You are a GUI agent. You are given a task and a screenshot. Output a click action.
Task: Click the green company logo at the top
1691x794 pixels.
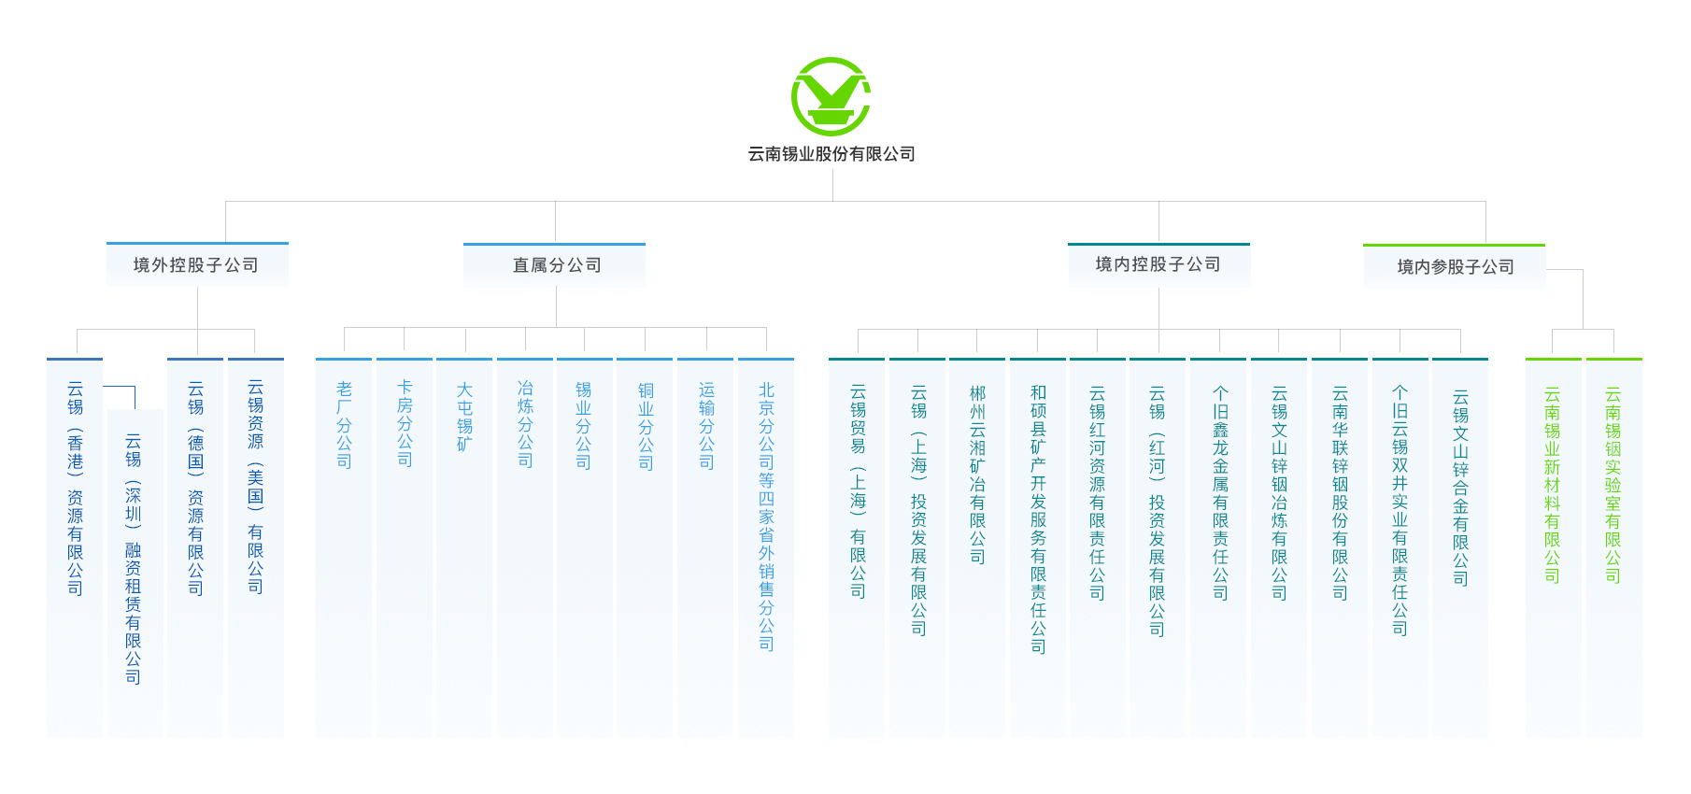[x=831, y=96]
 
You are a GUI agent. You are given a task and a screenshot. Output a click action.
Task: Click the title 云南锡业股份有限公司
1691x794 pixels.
[x=831, y=154]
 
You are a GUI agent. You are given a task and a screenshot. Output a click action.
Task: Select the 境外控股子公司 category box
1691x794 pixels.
[x=197, y=265]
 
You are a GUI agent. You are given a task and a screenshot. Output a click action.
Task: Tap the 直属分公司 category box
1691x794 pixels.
[x=555, y=265]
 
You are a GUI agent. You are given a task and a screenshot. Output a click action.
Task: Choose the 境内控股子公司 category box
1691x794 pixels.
[x=1158, y=264]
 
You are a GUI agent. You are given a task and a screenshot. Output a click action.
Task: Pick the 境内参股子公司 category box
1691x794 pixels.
[x=1455, y=267]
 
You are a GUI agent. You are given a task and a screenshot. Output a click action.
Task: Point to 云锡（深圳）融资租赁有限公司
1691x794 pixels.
[x=134, y=558]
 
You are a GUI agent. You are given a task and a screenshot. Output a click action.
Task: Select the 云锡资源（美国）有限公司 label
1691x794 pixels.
[x=255, y=486]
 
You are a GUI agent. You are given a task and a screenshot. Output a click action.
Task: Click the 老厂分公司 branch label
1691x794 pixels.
[x=344, y=424]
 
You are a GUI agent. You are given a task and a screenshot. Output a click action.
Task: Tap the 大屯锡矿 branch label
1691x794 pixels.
[x=464, y=417]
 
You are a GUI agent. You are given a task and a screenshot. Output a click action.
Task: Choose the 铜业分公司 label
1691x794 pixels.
[x=646, y=426]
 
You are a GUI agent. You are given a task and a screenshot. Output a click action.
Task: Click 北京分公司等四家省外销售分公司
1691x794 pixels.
[x=766, y=516]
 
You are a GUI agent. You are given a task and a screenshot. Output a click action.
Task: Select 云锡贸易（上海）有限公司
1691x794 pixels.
[x=858, y=490]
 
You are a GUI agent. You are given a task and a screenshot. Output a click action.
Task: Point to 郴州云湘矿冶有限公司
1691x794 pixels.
[x=977, y=475]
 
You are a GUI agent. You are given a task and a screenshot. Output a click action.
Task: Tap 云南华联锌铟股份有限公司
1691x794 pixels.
[x=1340, y=492]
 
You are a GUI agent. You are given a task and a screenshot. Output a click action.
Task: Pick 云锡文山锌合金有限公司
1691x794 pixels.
[x=1460, y=487]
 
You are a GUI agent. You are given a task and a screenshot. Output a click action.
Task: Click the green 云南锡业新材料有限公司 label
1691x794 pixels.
[x=1552, y=485]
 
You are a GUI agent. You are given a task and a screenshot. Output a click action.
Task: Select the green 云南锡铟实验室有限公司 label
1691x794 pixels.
[x=1613, y=485]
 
